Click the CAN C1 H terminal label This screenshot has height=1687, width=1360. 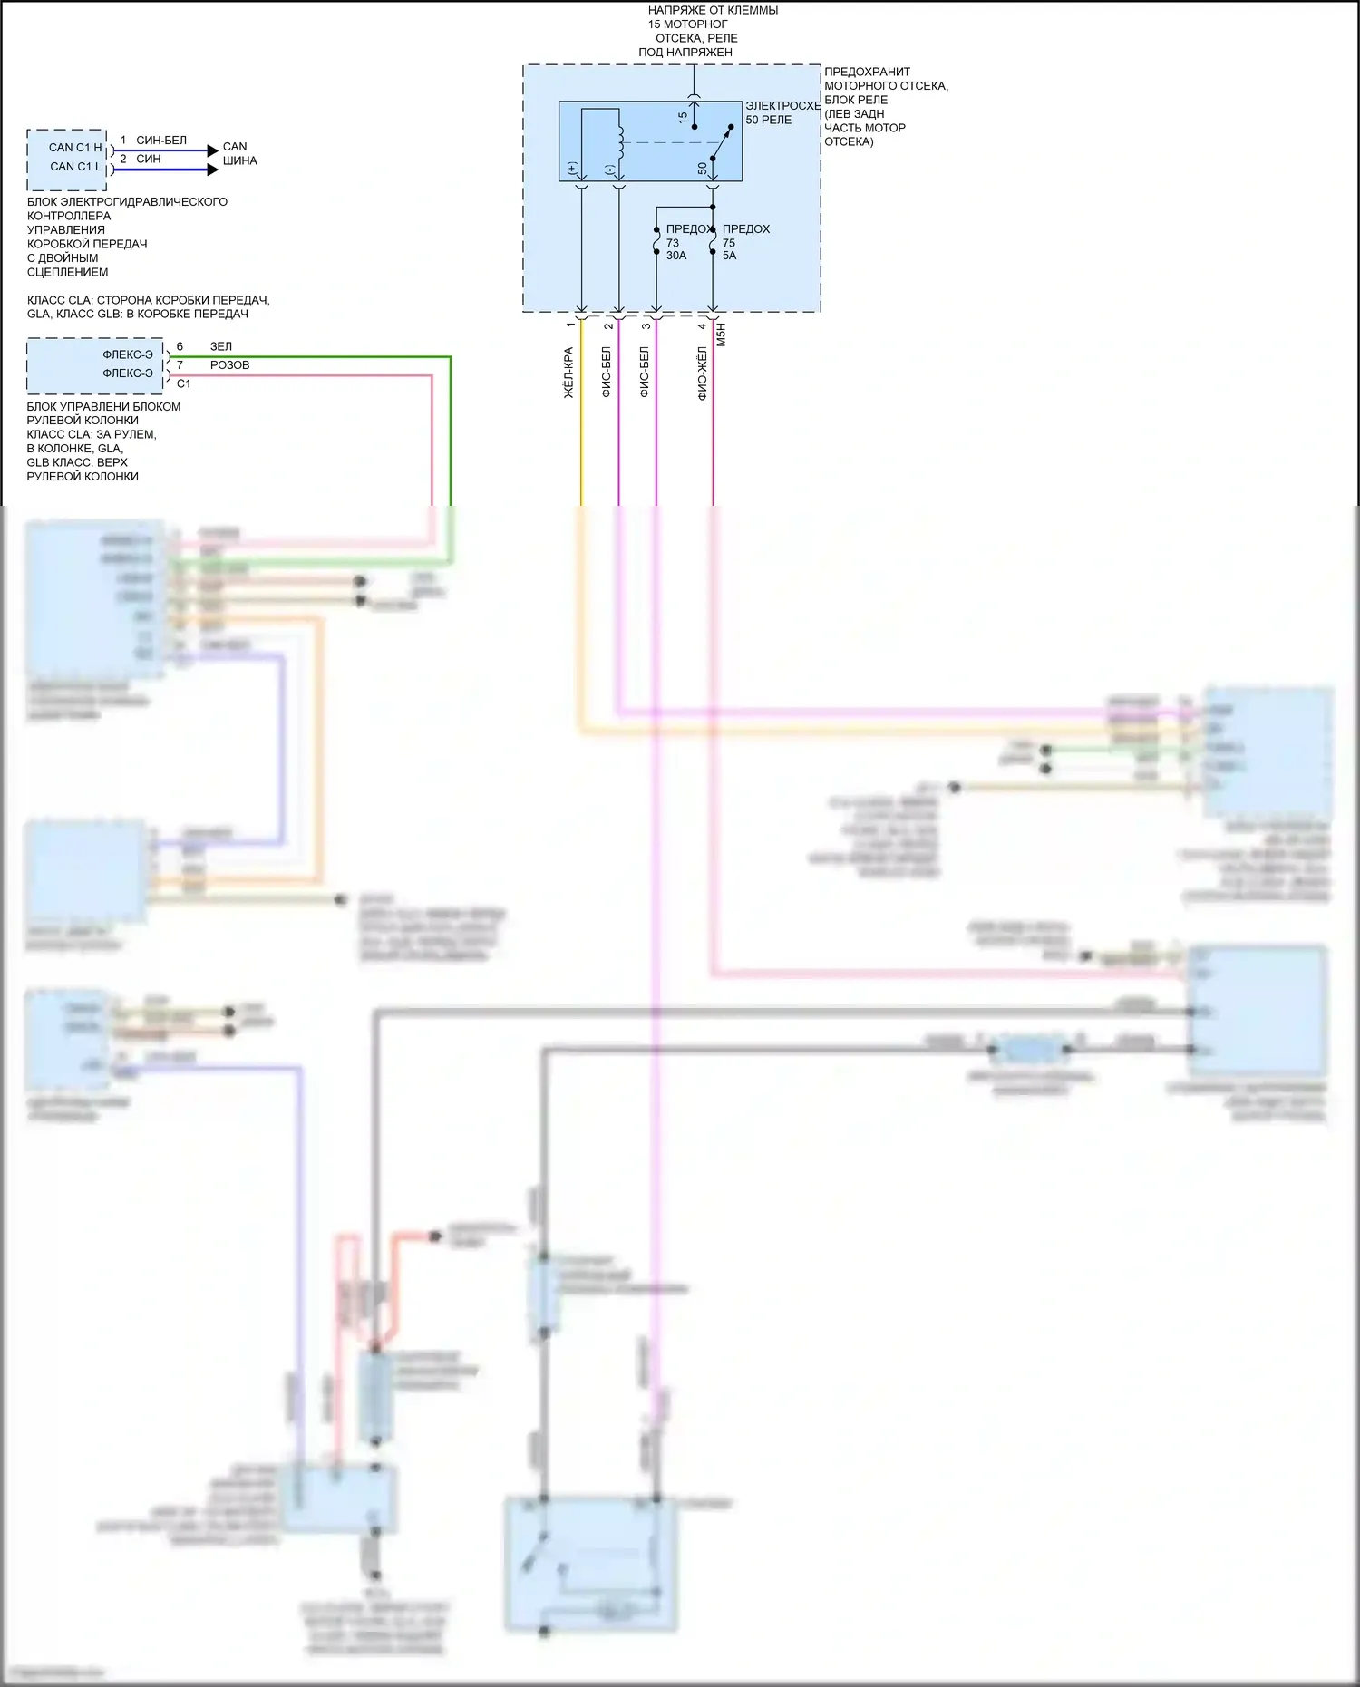point(75,148)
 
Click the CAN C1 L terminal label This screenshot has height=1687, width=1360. point(75,167)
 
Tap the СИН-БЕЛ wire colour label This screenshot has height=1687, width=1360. point(161,141)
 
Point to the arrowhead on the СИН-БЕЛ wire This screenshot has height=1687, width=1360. point(212,150)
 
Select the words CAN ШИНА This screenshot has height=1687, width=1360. point(239,153)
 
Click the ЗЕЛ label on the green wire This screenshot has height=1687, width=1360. point(221,346)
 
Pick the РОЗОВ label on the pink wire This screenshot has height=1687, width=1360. point(229,365)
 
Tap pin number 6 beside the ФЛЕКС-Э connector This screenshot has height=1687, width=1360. point(180,346)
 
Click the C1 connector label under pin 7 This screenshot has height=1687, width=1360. point(184,383)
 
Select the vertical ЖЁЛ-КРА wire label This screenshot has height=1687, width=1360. point(568,373)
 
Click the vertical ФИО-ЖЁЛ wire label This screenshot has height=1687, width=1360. point(702,373)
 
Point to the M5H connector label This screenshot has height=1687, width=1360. point(722,334)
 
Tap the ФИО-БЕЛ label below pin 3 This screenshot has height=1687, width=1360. point(644,372)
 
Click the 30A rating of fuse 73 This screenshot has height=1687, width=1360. point(676,256)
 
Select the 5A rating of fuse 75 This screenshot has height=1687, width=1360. point(730,256)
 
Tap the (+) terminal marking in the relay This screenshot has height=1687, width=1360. point(571,169)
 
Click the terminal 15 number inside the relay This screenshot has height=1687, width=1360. point(683,118)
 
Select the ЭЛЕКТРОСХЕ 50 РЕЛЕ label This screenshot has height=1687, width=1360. point(782,112)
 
